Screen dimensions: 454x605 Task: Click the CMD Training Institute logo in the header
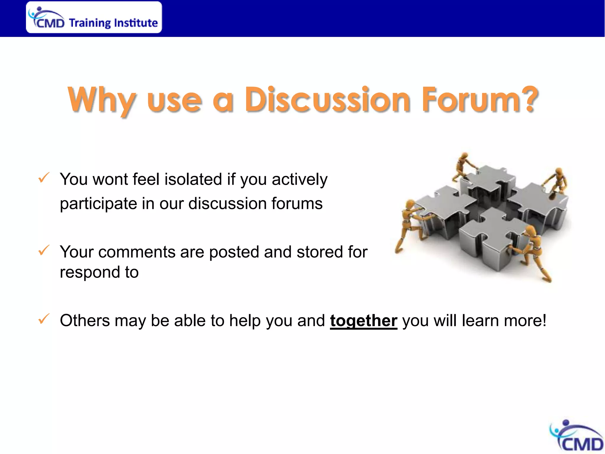94,17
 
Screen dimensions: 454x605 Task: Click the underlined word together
363,321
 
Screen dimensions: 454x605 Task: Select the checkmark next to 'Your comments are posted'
44,250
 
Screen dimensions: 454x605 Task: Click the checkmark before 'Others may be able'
44,319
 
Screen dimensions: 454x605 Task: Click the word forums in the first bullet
297,204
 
